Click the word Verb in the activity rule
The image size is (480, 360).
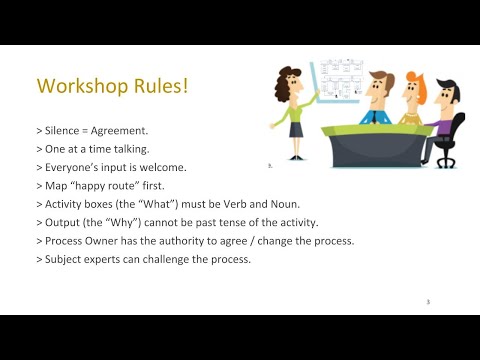point(222,203)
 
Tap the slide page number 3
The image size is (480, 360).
point(428,300)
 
